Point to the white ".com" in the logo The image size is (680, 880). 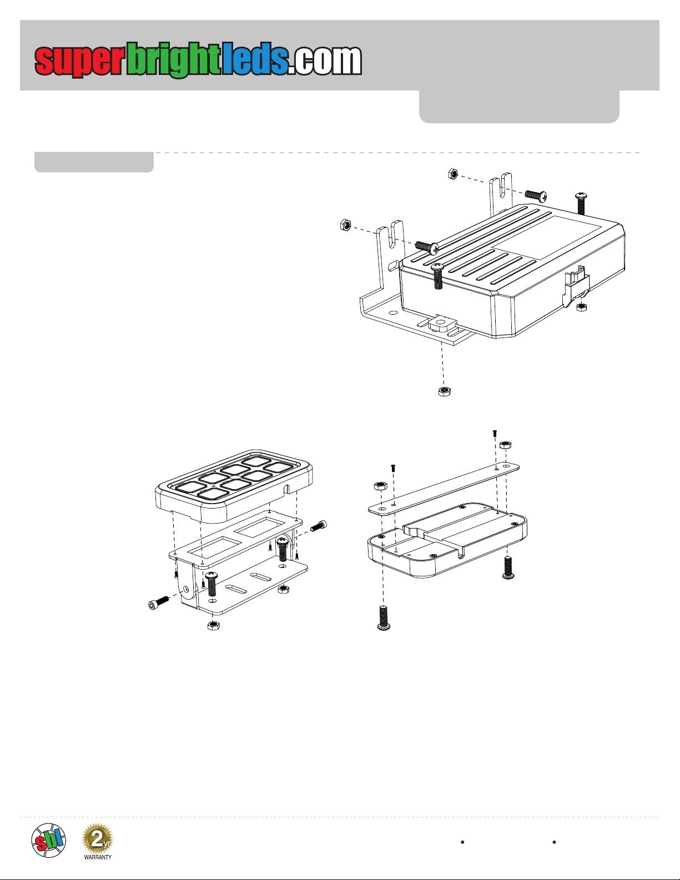tap(325, 61)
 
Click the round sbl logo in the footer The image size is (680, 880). tap(49, 841)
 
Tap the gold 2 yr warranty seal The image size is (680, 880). tap(97, 838)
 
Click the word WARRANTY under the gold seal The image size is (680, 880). tap(98, 857)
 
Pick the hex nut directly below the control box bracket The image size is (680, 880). tap(445, 391)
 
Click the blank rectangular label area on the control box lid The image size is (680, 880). tap(546, 237)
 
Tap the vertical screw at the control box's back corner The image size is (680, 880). tap(581, 204)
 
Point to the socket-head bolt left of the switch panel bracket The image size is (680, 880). tap(158, 603)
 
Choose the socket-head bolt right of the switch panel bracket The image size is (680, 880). tap(319, 526)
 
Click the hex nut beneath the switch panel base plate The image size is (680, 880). tap(213, 626)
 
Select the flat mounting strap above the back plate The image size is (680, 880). tap(444, 489)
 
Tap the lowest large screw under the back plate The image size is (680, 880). tap(384, 618)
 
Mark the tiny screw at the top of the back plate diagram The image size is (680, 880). tap(495, 433)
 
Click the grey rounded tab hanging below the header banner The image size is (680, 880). tap(519, 107)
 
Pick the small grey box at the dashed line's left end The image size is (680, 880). tap(94, 162)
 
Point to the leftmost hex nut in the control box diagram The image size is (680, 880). tap(345, 225)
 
